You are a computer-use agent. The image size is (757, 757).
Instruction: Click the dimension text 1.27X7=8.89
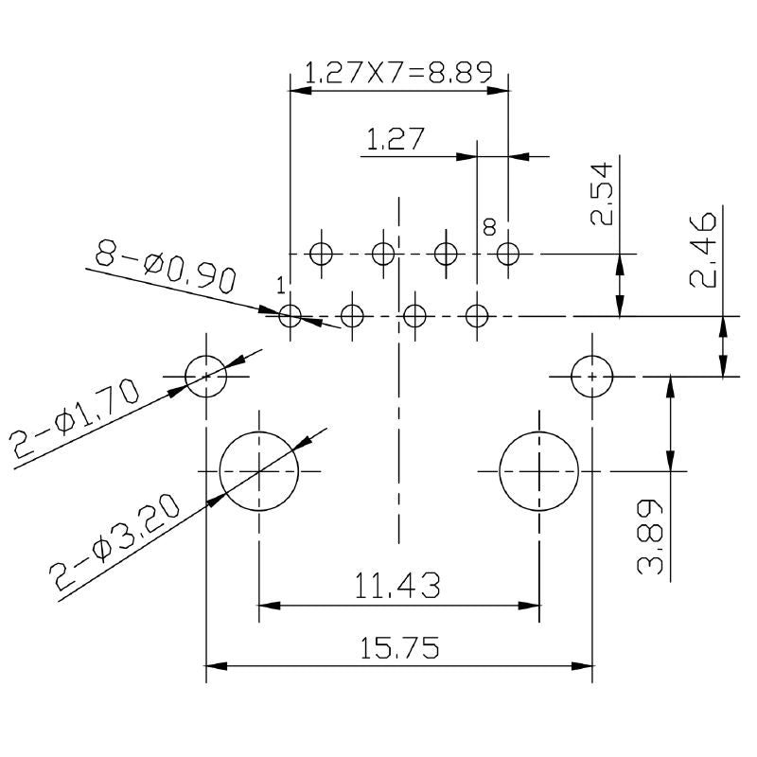click(397, 72)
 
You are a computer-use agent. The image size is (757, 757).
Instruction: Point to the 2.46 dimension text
click(703, 251)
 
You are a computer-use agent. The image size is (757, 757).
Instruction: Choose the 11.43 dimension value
click(397, 587)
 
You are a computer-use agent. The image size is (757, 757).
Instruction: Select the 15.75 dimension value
click(399, 648)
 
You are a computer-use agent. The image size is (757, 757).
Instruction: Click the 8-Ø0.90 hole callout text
click(165, 266)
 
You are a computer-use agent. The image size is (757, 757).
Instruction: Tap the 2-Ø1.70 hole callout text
click(76, 422)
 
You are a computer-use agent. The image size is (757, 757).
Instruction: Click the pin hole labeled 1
click(290, 315)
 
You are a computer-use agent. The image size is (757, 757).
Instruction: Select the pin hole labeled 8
click(508, 254)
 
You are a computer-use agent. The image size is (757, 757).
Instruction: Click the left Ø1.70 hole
click(206, 376)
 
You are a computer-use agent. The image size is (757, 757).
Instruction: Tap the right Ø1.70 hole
click(592, 376)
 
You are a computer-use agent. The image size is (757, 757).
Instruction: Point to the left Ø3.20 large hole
click(258, 470)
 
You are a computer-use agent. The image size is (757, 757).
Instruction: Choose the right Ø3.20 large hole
click(538, 470)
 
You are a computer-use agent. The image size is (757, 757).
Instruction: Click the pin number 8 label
click(489, 226)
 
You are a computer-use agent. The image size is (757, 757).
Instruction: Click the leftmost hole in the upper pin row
click(322, 254)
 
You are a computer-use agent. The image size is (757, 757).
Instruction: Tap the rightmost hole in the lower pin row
click(477, 315)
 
